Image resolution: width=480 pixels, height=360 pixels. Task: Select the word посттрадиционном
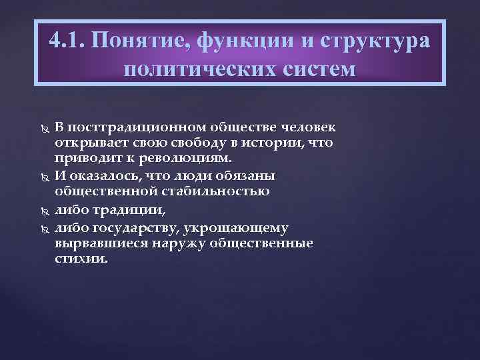point(137,127)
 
